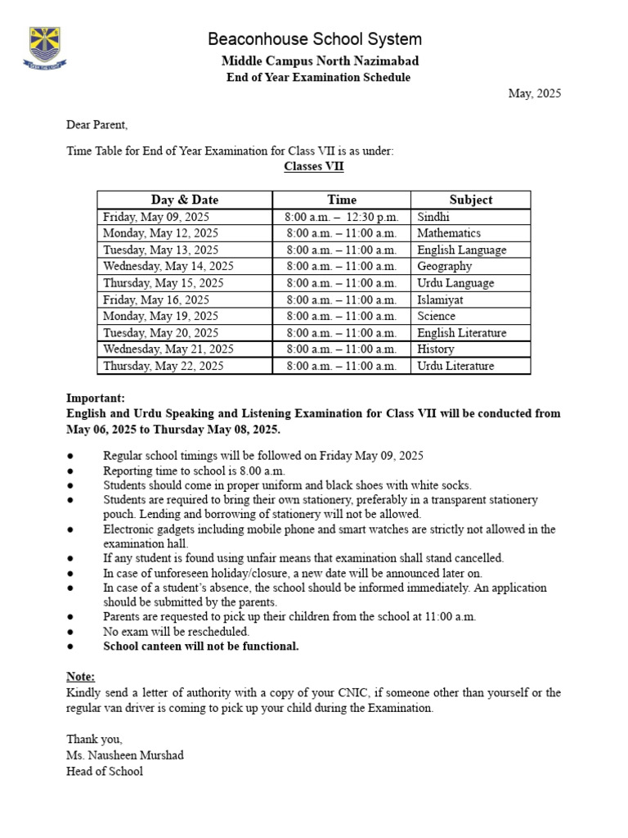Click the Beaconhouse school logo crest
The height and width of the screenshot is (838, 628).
tap(45, 48)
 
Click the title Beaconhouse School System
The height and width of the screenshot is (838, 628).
tap(315, 39)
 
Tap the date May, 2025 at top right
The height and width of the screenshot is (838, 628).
tap(535, 93)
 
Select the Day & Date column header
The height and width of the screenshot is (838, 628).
tap(185, 200)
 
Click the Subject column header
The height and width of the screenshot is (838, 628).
tap(471, 200)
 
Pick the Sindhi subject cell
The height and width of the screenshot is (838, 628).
tap(433, 217)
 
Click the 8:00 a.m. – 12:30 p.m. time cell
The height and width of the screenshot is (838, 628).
tap(342, 217)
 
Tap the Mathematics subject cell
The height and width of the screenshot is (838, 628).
tap(449, 233)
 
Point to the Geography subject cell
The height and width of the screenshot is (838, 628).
tap(445, 266)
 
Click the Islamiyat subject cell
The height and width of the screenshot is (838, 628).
tap(442, 300)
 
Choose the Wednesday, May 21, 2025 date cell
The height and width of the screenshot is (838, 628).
tap(168, 349)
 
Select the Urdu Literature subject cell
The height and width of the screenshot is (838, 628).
tap(455, 366)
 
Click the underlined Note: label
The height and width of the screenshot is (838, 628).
tap(80, 676)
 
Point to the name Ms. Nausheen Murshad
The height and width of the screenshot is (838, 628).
tap(125, 755)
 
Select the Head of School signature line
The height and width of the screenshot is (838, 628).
tap(105, 771)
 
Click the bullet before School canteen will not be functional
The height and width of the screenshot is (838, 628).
tap(70, 647)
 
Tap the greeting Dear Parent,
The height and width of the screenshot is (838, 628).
tap(97, 125)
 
